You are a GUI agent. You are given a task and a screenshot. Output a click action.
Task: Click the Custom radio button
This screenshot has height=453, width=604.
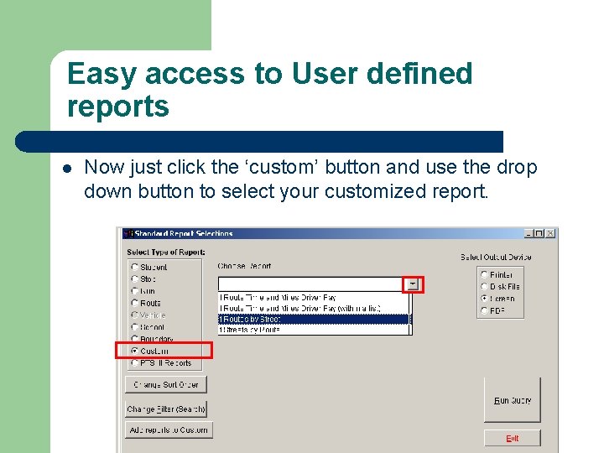135,351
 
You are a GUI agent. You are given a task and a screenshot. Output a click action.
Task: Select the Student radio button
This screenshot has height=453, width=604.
135,268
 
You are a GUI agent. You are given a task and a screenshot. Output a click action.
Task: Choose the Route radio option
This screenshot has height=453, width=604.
135,303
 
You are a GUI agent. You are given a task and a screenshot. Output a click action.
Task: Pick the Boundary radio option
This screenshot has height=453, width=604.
135,339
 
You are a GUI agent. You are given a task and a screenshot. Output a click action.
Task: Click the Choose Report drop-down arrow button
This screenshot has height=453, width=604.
413,284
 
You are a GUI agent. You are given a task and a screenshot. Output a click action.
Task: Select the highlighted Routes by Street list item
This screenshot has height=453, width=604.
314,319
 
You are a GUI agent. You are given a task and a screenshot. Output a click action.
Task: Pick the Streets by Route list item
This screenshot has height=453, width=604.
314,330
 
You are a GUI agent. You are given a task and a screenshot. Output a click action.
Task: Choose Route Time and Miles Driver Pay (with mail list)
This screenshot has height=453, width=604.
314,308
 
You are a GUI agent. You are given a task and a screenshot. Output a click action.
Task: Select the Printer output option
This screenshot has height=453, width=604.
484,274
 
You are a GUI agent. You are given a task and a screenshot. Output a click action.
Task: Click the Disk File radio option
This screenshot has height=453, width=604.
484,286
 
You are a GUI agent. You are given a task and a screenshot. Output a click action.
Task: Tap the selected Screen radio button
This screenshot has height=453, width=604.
484,298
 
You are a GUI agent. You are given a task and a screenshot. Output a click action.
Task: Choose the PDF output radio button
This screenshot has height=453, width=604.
484,310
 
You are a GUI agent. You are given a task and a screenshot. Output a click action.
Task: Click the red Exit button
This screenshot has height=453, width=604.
512,438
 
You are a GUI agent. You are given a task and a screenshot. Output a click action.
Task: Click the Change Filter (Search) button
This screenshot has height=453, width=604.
166,409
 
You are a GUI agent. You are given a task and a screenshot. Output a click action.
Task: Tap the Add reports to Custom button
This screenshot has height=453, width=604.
168,430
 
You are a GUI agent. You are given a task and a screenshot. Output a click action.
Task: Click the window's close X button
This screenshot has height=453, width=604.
550,233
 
